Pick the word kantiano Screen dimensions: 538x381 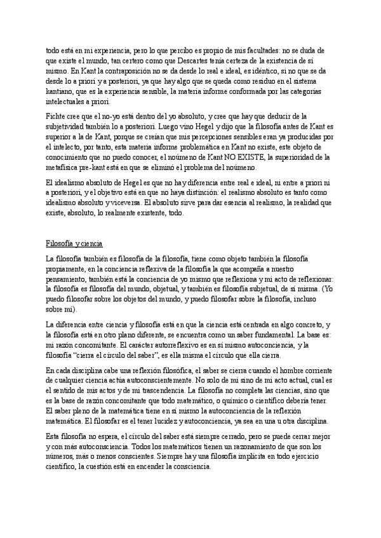[x=62, y=91]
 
